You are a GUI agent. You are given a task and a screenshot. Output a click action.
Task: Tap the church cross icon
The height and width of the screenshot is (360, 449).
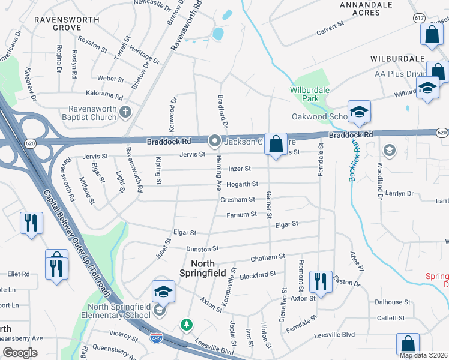click(125, 112)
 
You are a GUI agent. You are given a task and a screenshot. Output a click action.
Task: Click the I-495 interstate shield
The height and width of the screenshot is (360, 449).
click(155, 337)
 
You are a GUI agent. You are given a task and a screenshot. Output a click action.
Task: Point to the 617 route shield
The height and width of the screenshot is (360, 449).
click(419, 18)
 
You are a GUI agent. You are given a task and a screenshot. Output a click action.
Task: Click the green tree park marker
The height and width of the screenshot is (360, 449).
click(187, 325)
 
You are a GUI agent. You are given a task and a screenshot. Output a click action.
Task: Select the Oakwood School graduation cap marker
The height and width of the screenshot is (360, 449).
click(359, 112)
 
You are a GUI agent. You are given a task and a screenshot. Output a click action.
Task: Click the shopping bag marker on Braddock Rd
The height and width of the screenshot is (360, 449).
click(276, 145)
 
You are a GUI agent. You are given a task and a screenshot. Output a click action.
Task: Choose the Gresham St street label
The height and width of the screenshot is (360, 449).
click(240, 199)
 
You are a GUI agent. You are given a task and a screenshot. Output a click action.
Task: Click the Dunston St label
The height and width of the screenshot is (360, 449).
click(202, 248)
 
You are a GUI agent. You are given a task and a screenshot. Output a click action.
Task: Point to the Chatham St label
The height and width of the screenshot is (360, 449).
click(268, 257)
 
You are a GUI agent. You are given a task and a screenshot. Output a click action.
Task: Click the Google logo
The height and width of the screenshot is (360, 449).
click(20, 352)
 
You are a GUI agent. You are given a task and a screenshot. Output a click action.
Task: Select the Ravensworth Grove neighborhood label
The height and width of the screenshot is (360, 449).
click(58, 23)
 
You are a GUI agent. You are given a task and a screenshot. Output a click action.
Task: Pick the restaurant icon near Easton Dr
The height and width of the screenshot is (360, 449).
click(321, 281)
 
